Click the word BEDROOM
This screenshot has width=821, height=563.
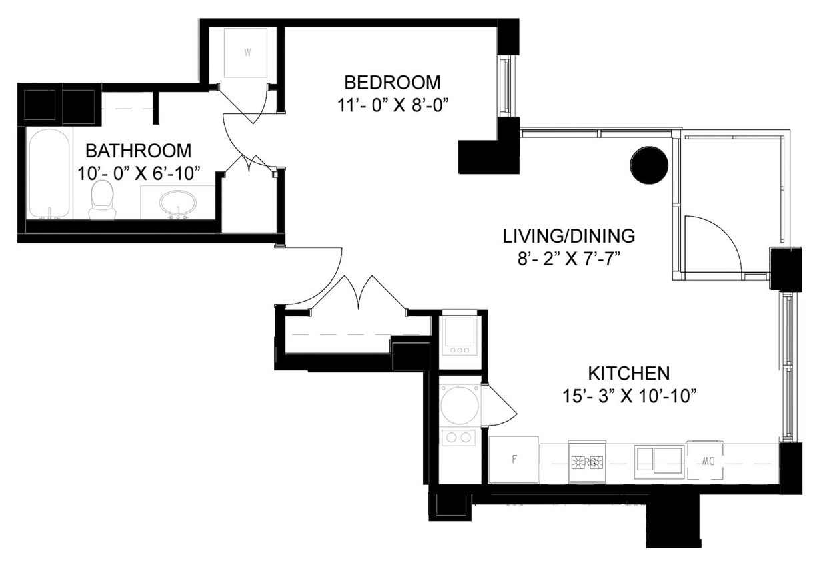[x=392, y=83]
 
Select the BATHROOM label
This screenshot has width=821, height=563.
[x=138, y=151]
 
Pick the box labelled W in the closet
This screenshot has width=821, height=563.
[x=247, y=53]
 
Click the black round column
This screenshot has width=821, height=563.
[x=649, y=165]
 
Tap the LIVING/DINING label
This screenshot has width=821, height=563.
[x=568, y=236]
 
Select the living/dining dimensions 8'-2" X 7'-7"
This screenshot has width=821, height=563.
[x=568, y=259]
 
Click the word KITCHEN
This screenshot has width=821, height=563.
[x=628, y=372]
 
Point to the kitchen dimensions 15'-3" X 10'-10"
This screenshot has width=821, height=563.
[x=628, y=396]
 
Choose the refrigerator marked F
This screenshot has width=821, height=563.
[x=514, y=460]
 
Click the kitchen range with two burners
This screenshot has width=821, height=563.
[x=586, y=460]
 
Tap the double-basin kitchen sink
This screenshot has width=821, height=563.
[x=658, y=460]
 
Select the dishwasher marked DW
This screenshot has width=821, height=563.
[x=708, y=460]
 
